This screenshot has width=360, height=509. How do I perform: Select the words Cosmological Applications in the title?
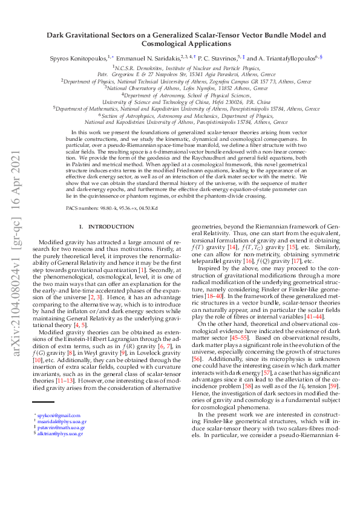point(179,44)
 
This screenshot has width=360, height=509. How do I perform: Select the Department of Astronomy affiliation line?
point(180,95)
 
